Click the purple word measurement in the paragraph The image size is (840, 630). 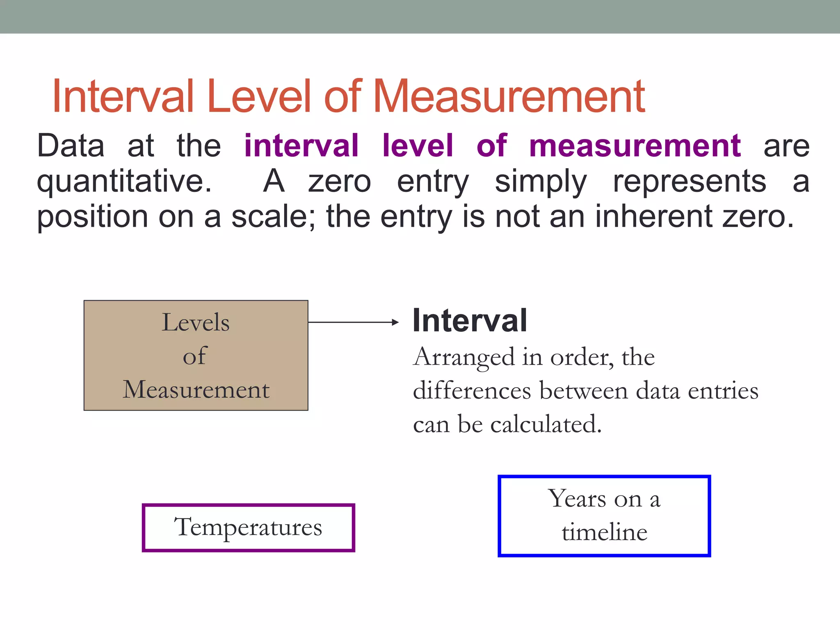pyautogui.click(x=635, y=146)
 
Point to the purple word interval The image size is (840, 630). pyautogui.click(x=301, y=146)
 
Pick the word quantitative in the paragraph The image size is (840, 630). pyautogui.click(x=124, y=181)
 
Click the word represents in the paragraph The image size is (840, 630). pyautogui.click(x=689, y=181)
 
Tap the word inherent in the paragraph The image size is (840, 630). pyautogui.click(x=653, y=216)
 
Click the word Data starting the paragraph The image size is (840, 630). pyautogui.click(x=71, y=146)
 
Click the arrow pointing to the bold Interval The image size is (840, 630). pyautogui.click(x=353, y=322)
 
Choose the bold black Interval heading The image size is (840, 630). pyautogui.click(x=470, y=321)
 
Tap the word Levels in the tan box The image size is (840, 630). pyautogui.click(x=196, y=322)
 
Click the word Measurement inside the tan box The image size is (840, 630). pyautogui.click(x=196, y=390)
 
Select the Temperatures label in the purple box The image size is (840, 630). pyautogui.click(x=248, y=527)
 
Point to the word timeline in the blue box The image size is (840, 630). pyautogui.click(x=605, y=532)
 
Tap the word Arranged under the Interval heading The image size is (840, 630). pyautogui.click(x=464, y=357)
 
